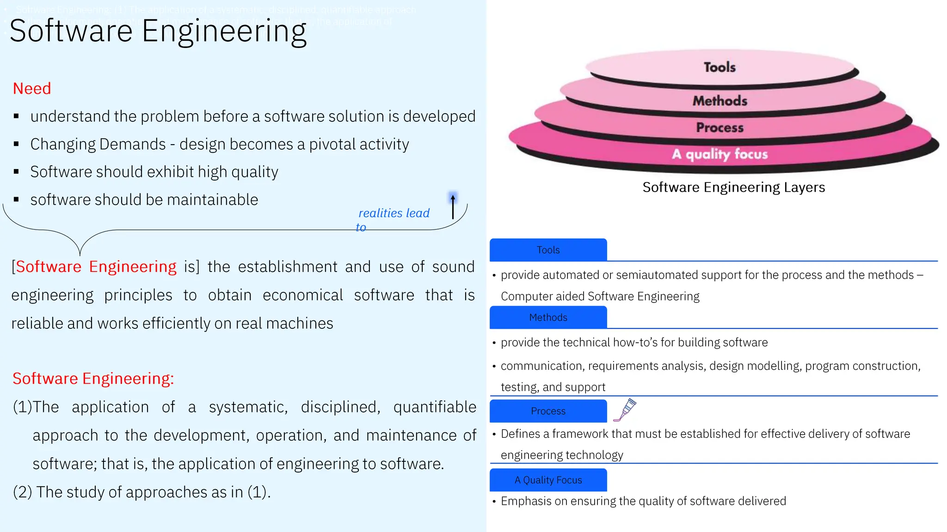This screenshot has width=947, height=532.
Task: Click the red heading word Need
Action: point(32,88)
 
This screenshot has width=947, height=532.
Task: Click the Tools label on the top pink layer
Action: point(719,67)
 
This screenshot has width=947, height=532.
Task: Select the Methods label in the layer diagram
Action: point(719,101)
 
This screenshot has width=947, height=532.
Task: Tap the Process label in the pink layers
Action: point(719,127)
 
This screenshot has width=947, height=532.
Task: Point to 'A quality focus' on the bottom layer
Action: point(719,154)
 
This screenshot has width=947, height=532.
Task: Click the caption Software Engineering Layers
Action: point(733,187)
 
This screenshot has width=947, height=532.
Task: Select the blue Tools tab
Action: point(548,250)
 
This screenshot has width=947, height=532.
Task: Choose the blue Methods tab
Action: point(548,317)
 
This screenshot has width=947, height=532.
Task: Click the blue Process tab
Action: point(548,411)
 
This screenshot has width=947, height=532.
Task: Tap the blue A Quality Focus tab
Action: point(548,480)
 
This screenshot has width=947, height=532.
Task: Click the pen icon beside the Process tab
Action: point(625,410)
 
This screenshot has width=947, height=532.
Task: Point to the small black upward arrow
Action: point(453,206)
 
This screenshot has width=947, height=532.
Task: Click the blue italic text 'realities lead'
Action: point(394,213)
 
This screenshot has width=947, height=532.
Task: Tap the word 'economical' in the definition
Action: point(303,295)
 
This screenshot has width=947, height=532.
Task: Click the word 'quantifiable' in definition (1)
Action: point(435,407)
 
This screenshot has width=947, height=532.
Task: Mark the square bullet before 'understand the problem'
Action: point(16,116)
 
